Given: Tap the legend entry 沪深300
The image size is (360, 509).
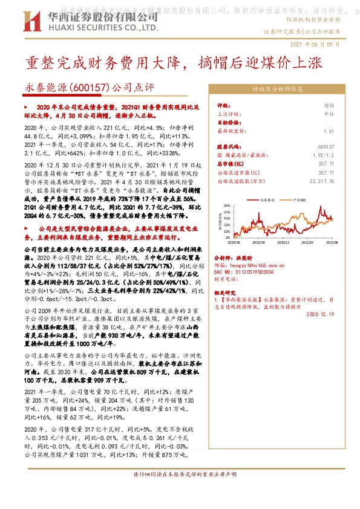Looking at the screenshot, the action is [298, 198].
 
